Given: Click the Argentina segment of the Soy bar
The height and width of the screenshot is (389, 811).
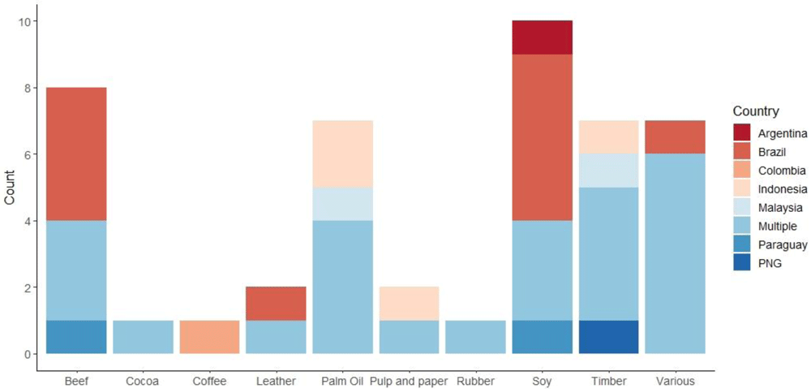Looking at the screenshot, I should (x=542, y=37).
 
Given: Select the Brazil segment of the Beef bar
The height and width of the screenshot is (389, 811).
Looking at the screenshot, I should (x=75, y=154).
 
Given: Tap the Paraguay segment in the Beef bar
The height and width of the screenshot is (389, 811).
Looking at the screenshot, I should (x=75, y=337).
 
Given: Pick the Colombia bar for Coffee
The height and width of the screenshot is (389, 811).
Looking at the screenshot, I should (x=208, y=337).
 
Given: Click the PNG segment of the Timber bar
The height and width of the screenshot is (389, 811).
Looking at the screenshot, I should (x=608, y=337).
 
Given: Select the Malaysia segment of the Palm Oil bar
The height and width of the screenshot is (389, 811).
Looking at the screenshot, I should (x=342, y=204).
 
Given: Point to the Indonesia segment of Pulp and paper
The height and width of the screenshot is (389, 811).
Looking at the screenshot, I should (x=409, y=304).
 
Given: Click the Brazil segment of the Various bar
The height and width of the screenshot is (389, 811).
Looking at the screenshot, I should (x=675, y=137).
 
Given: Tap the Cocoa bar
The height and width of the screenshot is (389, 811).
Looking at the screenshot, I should (x=142, y=337).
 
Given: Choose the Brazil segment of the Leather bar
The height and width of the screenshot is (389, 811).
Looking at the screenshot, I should (x=276, y=304).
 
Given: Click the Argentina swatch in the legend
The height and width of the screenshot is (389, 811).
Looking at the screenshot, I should (x=743, y=133).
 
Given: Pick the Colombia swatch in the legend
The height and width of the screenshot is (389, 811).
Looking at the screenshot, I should (x=743, y=171).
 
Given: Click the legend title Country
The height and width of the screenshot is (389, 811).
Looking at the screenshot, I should (x=756, y=111).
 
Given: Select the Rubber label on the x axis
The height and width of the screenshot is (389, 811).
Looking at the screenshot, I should (x=475, y=380).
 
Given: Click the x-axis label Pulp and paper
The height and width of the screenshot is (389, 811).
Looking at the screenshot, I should (x=409, y=380).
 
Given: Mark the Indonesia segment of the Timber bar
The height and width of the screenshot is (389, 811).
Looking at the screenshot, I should (x=608, y=137).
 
